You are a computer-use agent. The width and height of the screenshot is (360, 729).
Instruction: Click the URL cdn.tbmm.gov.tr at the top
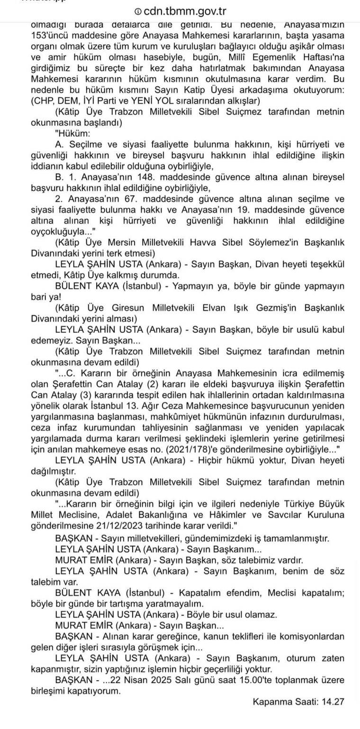pyautogui.click(x=185, y=11)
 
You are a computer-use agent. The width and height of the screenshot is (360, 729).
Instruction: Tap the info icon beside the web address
pyautogui.click(x=138, y=12)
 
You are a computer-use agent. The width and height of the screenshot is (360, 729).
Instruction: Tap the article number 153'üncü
pyautogui.click(x=49, y=36)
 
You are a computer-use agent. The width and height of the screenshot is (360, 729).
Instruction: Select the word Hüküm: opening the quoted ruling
pyautogui.click(x=72, y=133)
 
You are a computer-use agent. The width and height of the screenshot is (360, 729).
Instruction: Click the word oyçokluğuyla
pyautogui.click(x=57, y=231)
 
